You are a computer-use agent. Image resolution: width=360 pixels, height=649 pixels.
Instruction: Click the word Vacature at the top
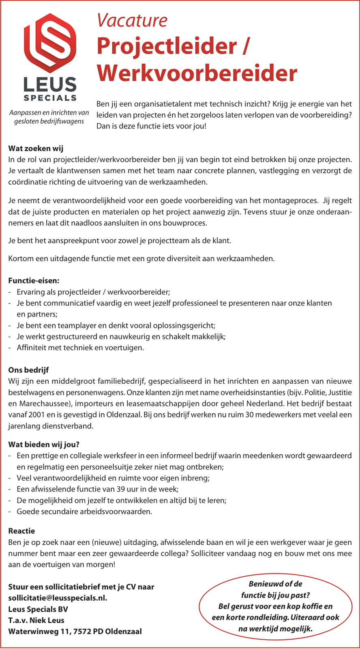[x=132, y=20]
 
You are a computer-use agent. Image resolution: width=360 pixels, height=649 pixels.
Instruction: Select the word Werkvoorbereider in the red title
[x=197, y=73]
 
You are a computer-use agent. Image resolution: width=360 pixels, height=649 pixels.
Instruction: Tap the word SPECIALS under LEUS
[x=50, y=98]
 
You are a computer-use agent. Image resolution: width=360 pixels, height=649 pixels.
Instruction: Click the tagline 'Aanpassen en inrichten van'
[x=49, y=112]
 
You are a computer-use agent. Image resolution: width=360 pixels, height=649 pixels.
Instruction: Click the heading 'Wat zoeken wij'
[x=36, y=149]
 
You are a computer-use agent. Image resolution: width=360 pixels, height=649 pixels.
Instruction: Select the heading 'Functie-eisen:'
[x=34, y=281]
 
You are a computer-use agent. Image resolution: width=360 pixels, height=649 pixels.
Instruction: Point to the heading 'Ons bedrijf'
[x=28, y=370]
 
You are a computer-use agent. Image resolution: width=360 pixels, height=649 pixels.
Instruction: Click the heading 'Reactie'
[x=21, y=531]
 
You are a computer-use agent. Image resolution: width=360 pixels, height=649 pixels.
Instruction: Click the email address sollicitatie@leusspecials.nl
[x=58, y=598]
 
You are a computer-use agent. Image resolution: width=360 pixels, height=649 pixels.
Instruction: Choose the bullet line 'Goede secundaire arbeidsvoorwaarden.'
[x=84, y=511]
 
